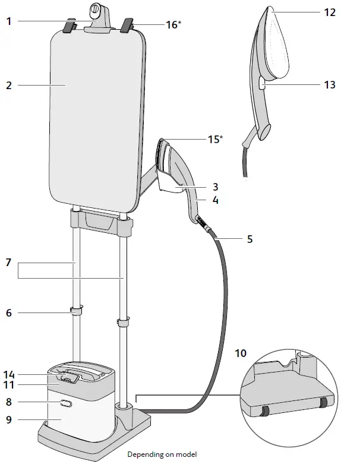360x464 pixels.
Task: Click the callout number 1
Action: (x=9, y=21)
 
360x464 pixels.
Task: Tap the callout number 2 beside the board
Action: (x=9, y=85)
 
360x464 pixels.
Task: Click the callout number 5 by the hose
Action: (x=250, y=239)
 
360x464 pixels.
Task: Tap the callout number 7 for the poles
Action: (x=9, y=262)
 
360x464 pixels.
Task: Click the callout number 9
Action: (x=9, y=419)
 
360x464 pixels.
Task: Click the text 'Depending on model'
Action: (x=162, y=454)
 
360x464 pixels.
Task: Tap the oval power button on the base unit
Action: (x=65, y=403)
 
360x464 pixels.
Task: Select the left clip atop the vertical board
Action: (x=70, y=27)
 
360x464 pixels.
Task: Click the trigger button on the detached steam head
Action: (x=262, y=84)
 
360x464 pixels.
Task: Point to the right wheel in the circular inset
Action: (x=324, y=403)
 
